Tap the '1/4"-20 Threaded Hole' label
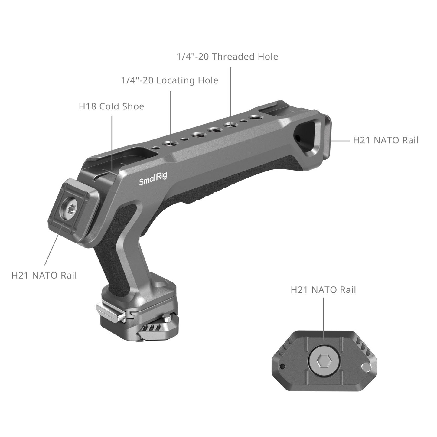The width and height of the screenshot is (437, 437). [x=227, y=57]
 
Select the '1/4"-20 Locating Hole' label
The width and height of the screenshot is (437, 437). [x=170, y=80]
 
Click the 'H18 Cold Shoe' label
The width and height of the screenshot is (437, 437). [x=111, y=106]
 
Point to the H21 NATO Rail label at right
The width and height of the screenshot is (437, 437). [x=386, y=140]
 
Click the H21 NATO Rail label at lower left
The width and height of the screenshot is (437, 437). [x=44, y=275]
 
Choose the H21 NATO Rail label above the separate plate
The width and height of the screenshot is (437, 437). [x=323, y=290]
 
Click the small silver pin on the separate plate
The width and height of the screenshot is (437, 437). [x=366, y=367]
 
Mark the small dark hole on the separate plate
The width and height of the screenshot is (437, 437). [x=282, y=367]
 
